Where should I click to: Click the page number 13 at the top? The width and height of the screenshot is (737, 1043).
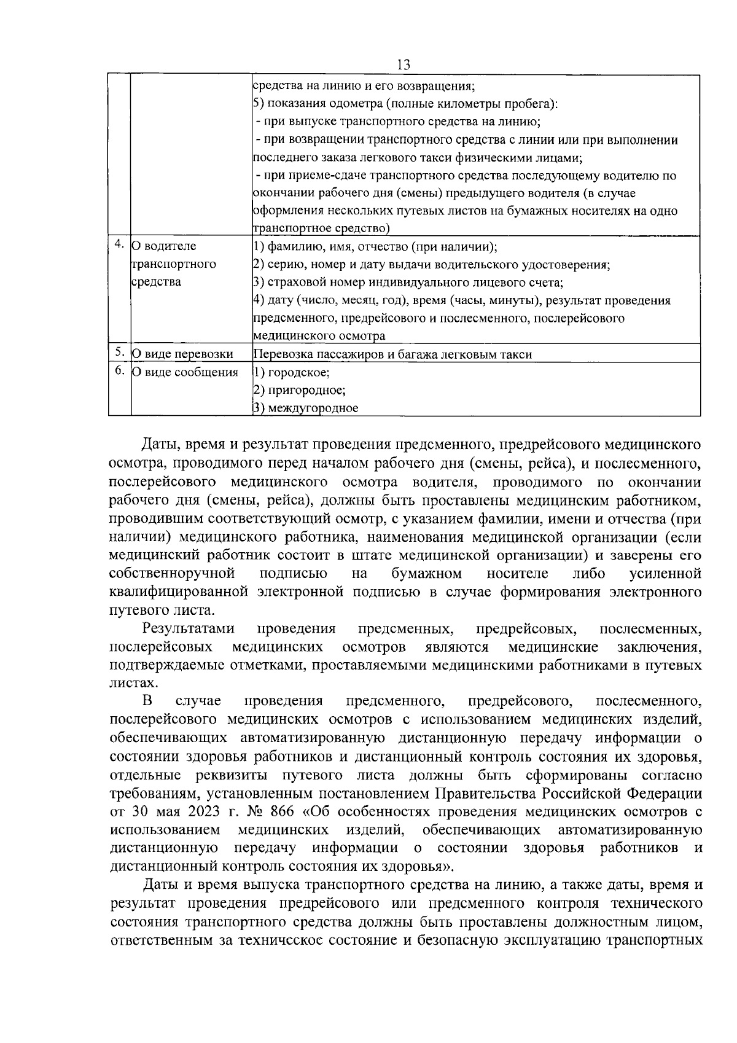pos(404,64)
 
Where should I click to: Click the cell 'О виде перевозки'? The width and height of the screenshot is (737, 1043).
pos(183,354)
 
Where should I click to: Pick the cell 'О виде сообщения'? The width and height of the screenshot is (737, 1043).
pos(185,372)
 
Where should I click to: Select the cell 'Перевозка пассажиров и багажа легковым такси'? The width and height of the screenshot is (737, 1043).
pos(392,354)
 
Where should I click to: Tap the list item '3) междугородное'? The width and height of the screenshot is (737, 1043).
pos(306,408)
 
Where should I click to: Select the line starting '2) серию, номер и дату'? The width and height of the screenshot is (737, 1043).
pos(431,265)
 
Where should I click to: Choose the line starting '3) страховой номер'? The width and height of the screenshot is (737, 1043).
pos(408,283)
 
